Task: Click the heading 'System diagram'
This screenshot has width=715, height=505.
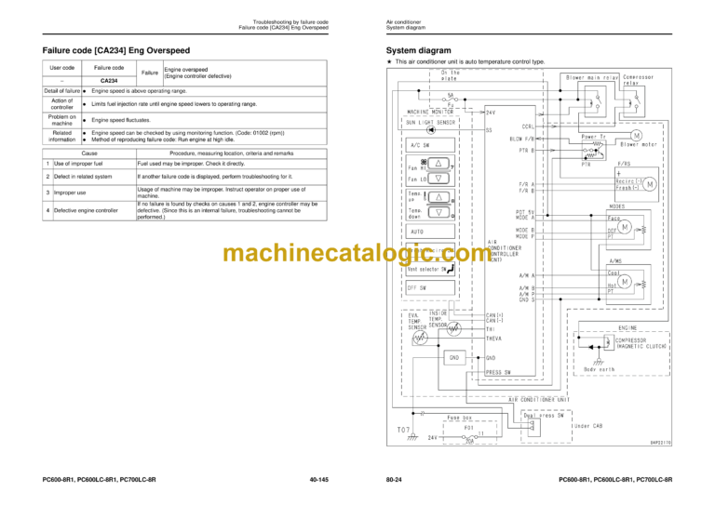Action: [x=419, y=50]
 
